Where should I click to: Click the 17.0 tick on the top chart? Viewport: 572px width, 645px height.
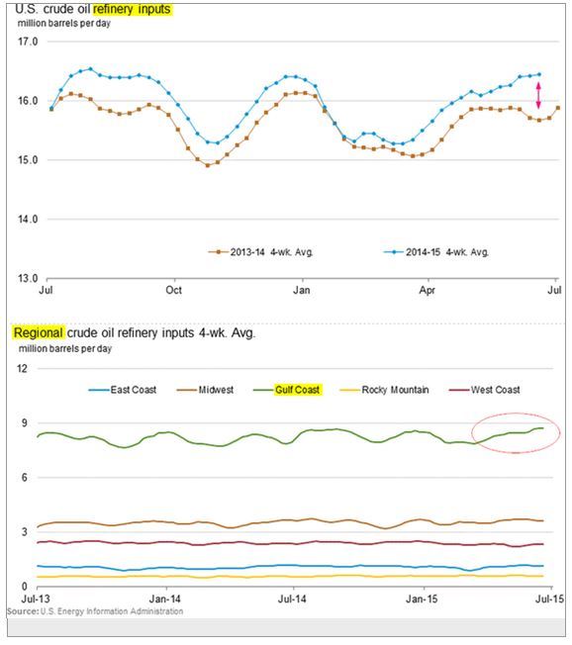click(x=28, y=42)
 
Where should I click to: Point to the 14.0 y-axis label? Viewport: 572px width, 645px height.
click(x=28, y=220)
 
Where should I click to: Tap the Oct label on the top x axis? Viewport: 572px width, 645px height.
click(x=173, y=291)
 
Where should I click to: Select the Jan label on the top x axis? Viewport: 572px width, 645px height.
click(x=302, y=291)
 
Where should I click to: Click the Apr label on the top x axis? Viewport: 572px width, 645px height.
click(x=428, y=291)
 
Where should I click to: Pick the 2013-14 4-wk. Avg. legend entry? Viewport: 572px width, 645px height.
click(x=261, y=252)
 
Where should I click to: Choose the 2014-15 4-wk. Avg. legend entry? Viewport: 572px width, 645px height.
click(x=436, y=252)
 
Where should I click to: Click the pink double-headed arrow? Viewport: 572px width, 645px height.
click(x=538, y=95)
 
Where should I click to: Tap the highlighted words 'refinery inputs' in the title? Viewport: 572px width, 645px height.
click(x=132, y=9)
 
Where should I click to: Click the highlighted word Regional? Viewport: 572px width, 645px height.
click(x=39, y=332)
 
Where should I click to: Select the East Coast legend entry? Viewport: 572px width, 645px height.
click(x=123, y=390)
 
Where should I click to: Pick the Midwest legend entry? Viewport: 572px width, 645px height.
click(x=205, y=390)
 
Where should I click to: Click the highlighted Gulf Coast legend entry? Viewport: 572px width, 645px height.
click(x=288, y=390)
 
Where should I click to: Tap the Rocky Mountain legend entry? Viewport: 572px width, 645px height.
click(x=385, y=390)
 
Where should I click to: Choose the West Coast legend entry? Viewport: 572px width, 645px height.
click(x=485, y=390)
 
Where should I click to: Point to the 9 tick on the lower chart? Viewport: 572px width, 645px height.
click(x=25, y=423)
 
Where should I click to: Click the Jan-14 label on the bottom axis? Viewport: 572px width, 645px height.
click(x=165, y=599)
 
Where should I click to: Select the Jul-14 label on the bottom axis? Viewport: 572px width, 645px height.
click(x=292, y=599)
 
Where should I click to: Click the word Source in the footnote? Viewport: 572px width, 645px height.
click(x=22, y=611)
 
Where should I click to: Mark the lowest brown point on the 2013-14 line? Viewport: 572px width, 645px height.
click(x=208, y=165)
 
